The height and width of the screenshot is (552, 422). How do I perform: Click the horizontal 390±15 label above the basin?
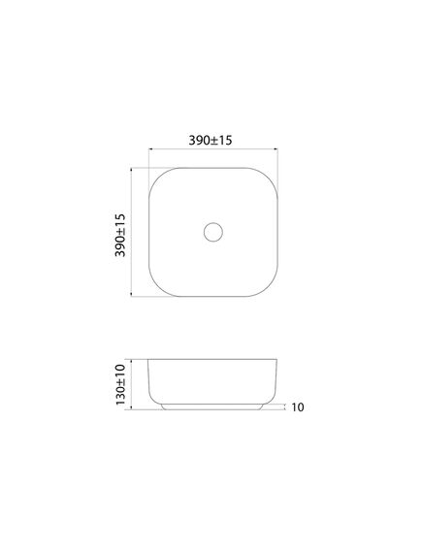click(x=211, y=140)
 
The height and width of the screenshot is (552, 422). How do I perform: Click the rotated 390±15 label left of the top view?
click(x=120, y=235)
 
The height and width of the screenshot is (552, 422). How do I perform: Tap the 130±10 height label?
click(x=120, y=384)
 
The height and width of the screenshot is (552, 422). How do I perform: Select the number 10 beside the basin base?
click(x=298, y=407)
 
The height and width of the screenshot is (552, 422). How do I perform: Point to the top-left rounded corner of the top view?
click(x=157, y=176)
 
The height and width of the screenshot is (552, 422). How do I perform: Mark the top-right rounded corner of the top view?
click(x=270, y=176)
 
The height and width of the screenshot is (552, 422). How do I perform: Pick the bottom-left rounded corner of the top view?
click(x=157, y=288)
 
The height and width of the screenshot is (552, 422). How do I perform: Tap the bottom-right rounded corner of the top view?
click(x=270, y=288)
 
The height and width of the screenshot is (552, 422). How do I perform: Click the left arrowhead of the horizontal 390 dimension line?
click(x=150, y=149)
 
